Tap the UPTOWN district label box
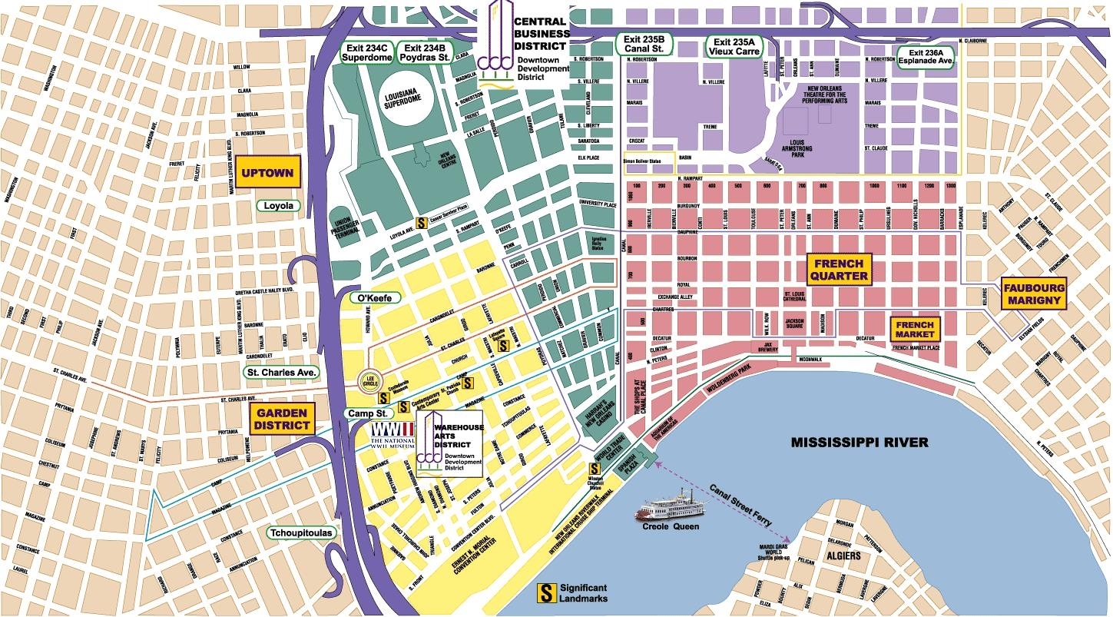coord(267,173)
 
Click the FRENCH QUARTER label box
coord(839,270)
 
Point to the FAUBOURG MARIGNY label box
coord(1035,294)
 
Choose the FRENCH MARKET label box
coord(915,330)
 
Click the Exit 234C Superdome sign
coord(366,51)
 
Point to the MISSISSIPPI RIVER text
coord(860,442)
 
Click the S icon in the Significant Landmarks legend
coord(546,592)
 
